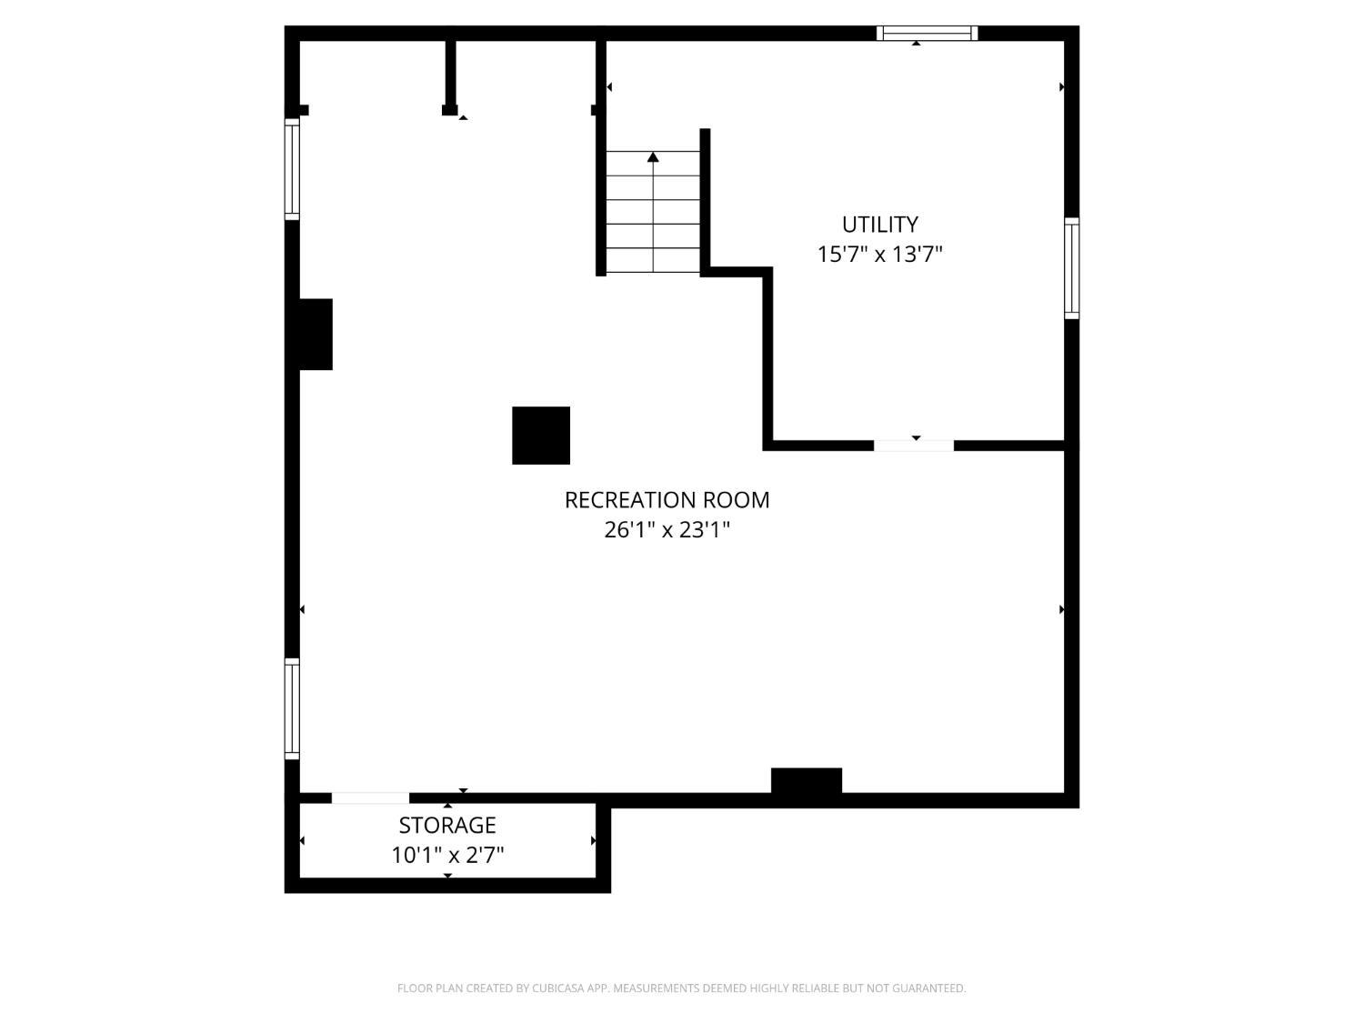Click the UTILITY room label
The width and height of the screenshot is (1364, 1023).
point(879,225)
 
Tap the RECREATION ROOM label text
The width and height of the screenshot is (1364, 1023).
point(667,500)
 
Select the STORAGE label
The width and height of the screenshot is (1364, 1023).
point(447,826)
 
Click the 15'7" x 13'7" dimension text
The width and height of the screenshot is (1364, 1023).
point(879,254)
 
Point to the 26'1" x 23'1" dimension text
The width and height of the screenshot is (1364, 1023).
point(667,530)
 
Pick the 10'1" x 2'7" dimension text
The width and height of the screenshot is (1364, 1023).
point(447,856)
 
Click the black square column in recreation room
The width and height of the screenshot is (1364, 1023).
point(541,436)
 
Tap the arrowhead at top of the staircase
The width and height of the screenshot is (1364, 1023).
point(653,157)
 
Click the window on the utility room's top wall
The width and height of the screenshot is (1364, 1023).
point(928,33)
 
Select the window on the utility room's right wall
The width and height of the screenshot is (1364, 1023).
point(1071,268)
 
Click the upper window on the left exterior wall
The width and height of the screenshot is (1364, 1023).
point(292,169)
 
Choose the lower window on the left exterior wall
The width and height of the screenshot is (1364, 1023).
point(292,708)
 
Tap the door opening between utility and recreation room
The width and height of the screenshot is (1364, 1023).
point(914,446)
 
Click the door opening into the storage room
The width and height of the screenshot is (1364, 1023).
point(370,798)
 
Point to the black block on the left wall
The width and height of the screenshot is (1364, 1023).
point(316,334)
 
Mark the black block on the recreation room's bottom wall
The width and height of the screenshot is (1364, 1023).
point(807,781)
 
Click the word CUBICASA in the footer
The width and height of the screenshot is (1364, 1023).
point(557,988)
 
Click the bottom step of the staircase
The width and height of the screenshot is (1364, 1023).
point(653,260)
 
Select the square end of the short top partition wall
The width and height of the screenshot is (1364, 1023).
point(450,110)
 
